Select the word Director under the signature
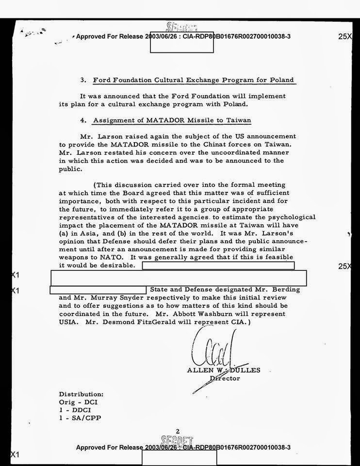click(225, 378)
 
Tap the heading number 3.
click(83, 80)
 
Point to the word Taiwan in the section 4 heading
click(238, 120)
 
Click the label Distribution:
click(81, 395)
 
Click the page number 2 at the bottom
click(178, 431)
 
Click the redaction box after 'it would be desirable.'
click(218, 266)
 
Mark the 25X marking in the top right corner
click(345, 36)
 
